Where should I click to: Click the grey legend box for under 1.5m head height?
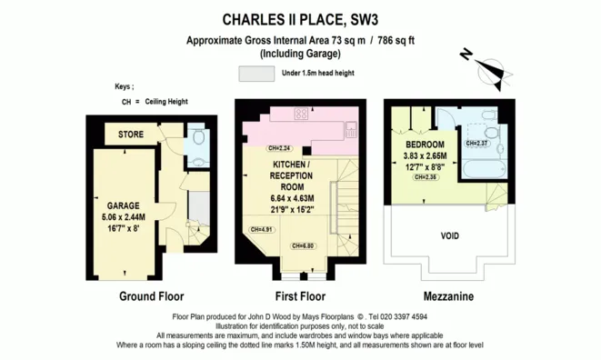[x=257, y=73]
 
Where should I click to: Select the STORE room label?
[x=132, y=135]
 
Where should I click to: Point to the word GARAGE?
[x=123, y=205]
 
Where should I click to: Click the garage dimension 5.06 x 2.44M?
[x=123, y=217]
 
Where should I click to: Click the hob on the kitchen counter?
[x=301, y=115]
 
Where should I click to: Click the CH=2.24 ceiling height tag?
[x=278, y=148]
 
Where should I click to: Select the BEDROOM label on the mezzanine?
[x=425, y=145]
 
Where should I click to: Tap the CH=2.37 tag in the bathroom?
[x=477, y=143]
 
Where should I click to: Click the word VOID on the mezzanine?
[x=449, y=236]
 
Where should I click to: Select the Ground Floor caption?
[x=152, y=296]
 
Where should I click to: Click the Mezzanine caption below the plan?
[x=447, y=296]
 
